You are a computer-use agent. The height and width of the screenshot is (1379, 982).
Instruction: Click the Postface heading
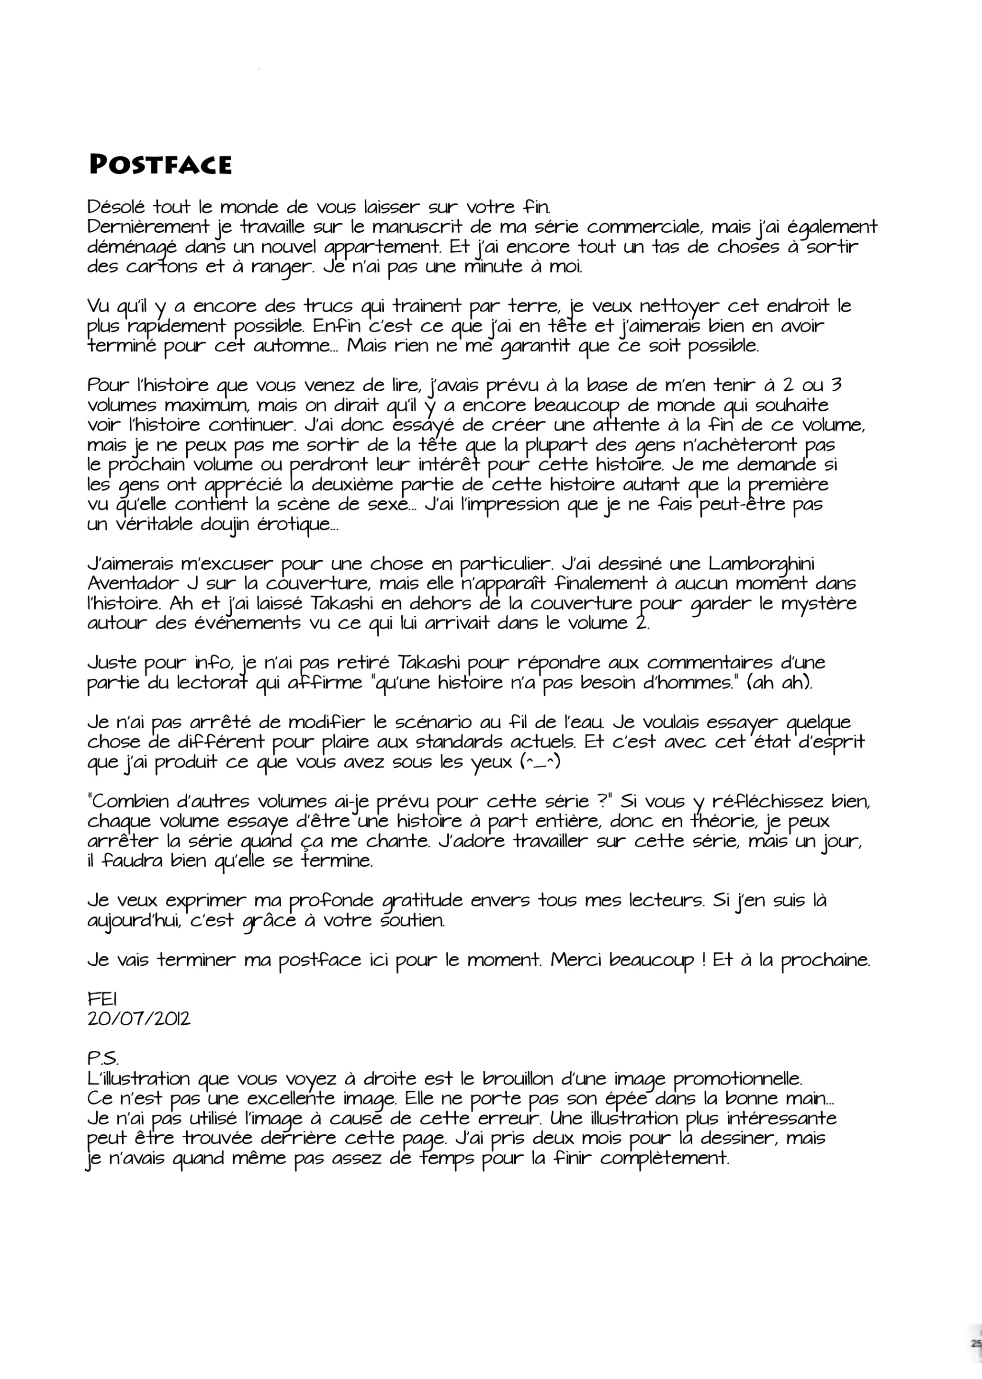pos(160,164)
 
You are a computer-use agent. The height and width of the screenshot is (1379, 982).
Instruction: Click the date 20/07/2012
pos(138,1018)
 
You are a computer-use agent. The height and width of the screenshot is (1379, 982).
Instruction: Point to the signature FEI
pos(102,999)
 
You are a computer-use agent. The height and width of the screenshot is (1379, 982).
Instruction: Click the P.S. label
pos(103,1059)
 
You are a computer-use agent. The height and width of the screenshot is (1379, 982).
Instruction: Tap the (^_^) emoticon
pos(540,761)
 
